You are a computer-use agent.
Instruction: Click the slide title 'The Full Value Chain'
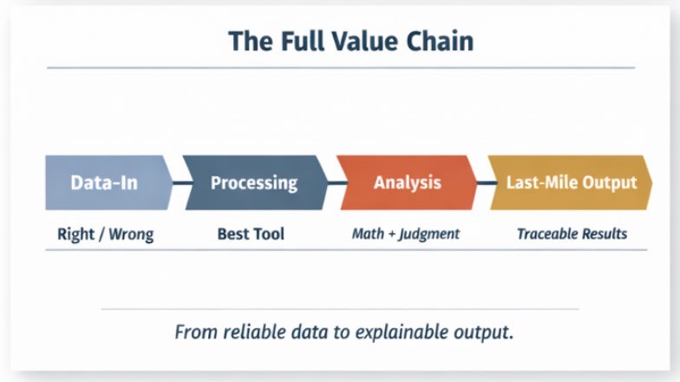click(x=350, y=41)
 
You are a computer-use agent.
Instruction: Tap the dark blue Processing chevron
click(x=254, y=183)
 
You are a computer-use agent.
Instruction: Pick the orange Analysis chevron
click(x=407, y=183)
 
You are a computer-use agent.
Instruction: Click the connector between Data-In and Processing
click(x=183, y=183)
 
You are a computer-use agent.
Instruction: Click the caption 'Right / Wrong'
click(x=105, y=234)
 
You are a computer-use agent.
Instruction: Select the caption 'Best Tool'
click(x=251, y=234)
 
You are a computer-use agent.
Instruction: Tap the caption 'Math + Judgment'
click(x=405, y=234)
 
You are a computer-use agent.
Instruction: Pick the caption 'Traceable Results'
click(x=572, y=234)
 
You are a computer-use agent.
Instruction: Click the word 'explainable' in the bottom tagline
click(x=396, y=333)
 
